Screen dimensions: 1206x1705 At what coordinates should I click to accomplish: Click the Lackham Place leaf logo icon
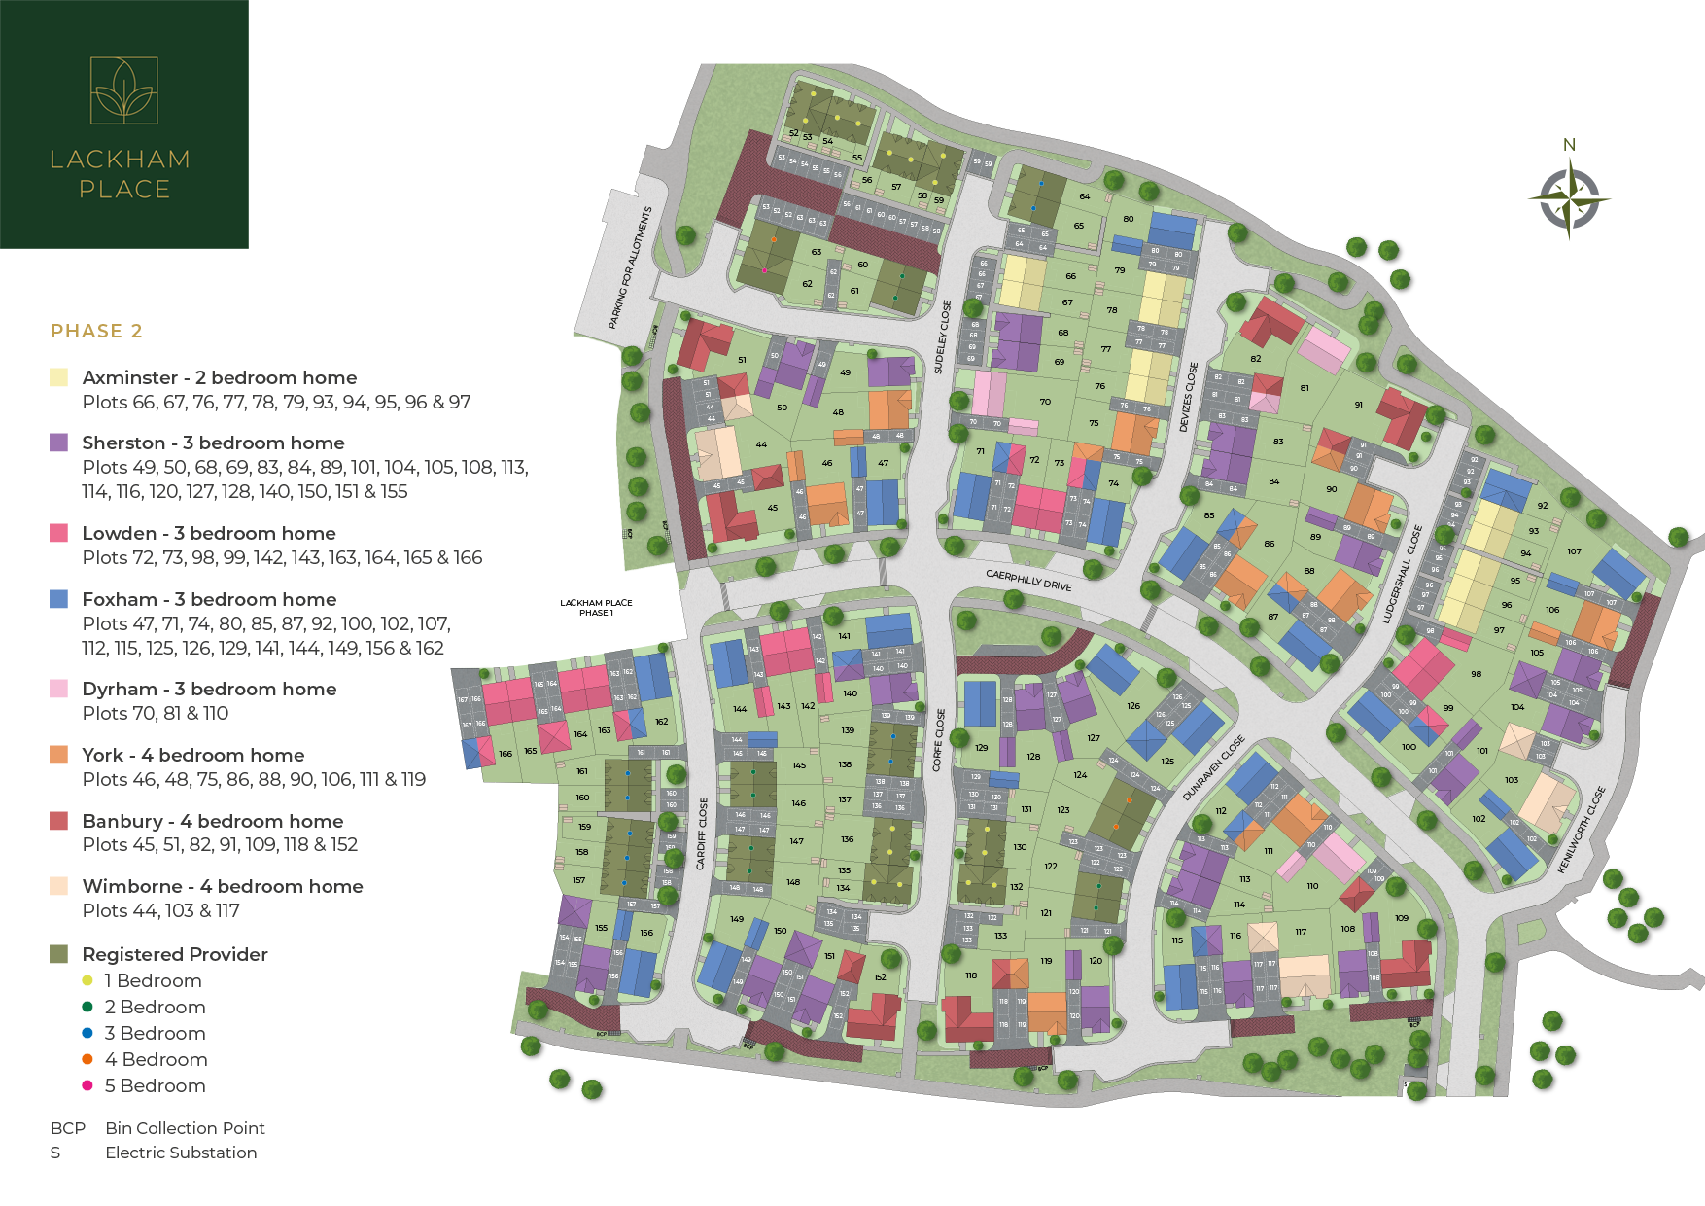pos(123,90)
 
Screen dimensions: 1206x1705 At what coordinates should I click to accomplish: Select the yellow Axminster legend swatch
pos(59,377)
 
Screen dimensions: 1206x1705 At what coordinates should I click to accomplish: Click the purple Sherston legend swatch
pos(59,443)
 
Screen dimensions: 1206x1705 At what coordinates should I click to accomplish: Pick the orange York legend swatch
pos(59,755)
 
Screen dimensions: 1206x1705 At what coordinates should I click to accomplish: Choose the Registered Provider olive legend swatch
pos(59,954)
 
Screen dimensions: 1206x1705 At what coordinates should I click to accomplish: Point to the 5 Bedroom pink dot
pos(87,1085)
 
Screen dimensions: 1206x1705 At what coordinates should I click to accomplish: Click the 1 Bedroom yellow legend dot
pos(87,980)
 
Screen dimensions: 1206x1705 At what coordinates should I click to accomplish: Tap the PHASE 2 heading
pos(96,331)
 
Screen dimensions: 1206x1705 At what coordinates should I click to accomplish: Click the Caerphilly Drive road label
pos(1028,581)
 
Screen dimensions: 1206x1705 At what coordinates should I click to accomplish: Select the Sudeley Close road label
pos(942,337)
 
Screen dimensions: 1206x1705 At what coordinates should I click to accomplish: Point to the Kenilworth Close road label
pos(1583,830)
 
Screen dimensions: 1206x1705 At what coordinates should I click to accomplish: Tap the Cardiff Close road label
pos(702,834)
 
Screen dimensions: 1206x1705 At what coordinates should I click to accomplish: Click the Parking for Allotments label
pos(630,267)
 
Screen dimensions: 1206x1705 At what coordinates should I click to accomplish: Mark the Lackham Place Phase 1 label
pos(596,608)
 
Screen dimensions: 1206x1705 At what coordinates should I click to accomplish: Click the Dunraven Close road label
pos(1214,768)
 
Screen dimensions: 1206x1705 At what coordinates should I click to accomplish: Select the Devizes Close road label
pos(1188,398)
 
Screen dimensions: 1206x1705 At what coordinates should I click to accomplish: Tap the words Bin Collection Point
pos(185,1128)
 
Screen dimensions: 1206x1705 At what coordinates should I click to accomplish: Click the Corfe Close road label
pos(940,740)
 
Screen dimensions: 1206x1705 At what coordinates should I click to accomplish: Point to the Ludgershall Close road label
pos(1402,575)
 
